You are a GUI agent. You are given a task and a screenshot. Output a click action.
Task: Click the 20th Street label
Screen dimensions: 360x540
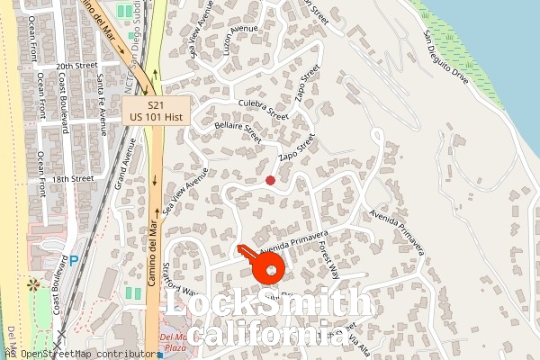(75, 67)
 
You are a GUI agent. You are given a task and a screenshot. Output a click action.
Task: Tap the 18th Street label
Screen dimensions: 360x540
(73, 178)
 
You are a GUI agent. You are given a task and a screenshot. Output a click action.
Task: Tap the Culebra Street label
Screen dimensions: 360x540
(264, 110)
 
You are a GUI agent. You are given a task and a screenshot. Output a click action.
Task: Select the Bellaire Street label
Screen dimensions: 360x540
(238, 134)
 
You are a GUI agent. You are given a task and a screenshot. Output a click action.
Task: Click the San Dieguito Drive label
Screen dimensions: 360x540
(446, 59)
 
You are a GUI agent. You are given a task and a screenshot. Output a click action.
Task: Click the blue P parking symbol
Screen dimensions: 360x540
(74, 262)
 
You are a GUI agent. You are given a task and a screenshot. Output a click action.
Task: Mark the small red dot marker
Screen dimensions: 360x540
(270, 181)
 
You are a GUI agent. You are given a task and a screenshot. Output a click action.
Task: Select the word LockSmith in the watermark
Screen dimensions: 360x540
(266, 306)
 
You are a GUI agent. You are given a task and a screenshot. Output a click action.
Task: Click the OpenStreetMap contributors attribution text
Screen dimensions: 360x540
(85, 354)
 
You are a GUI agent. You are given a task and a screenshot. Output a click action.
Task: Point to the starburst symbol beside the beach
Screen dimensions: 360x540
(34, 285)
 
